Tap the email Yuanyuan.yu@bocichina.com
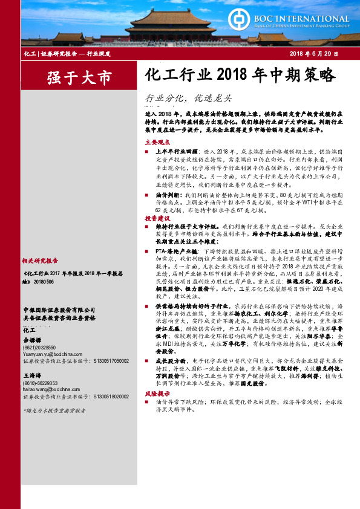tap(51, 354)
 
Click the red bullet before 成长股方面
tap(148, 360)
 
